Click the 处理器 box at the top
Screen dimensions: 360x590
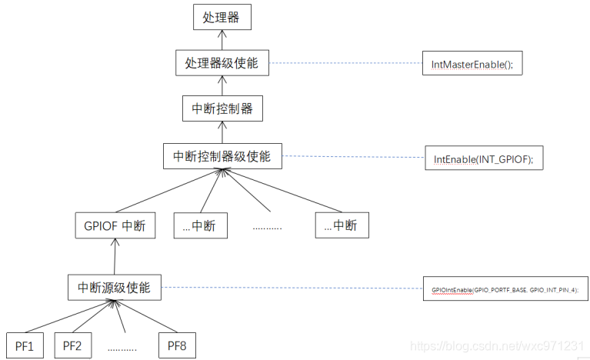click(x=222, y=17)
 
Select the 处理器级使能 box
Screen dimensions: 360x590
click(x=222, y=63)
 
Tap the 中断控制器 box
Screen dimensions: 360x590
click(x=222, y=109)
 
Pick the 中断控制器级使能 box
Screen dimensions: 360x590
click(x=222, y=156)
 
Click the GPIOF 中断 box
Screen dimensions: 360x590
click(x=115, y=225)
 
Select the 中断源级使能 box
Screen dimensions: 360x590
click(x=115, y=288)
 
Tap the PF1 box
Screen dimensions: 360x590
click(x=25, y=345)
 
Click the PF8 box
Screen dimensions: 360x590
click(x=177, y=345)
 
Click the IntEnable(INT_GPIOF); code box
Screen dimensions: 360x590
click(x=483, y=159)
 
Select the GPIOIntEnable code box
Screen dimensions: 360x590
click(x=505, y=288)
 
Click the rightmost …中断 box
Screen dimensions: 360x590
click(x=342, y=225)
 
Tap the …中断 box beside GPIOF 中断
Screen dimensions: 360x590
click(x=199, y=225)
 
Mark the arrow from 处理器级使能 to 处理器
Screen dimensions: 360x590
click(x=222, y=40)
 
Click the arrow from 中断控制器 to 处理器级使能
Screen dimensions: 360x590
click(x=222, y=86)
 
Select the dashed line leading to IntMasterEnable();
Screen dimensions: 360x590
click(x=346, y=63)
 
